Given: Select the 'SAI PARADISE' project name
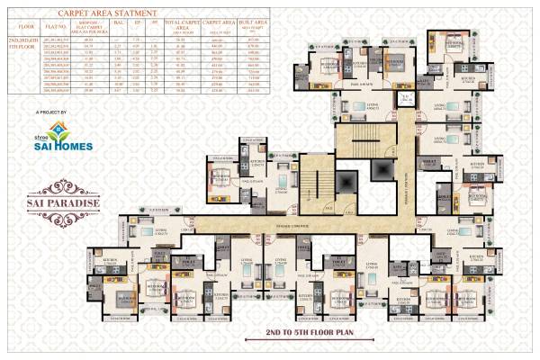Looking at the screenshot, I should click(x=53, y=189).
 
